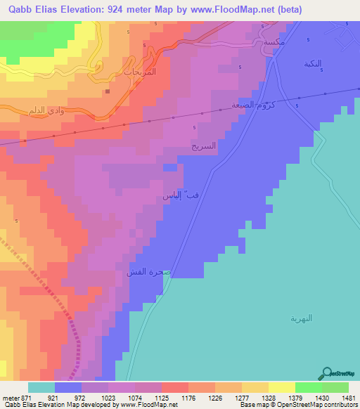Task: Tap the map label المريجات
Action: pyautogui.click(x=158, y=72)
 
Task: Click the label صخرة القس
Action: pyautogui.click(x=144, y=271)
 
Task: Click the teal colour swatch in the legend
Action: pyautogui.click(x=41, y=387)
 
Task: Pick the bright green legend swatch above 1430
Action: pyautogui.click(x=308, y=387)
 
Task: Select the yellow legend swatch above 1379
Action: pyautogui.click(x=281, y=387)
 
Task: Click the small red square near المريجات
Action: pyautogui.click(x=107, y=91)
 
